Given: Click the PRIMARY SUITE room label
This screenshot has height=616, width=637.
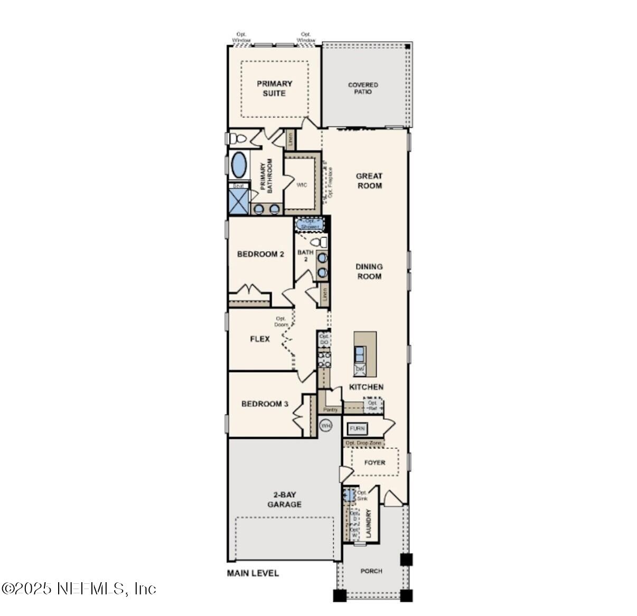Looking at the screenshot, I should (x=274, y=88).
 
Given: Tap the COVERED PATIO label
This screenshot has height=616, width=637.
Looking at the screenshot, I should (x=363, y=88).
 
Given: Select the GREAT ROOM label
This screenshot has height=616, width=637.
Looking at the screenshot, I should (x=369, y=181).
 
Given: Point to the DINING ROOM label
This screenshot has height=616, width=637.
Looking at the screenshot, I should (x=369, y=271).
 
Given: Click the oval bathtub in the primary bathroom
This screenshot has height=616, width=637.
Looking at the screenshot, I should (x=239, y=165).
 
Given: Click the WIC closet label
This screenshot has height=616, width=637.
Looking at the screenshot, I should (x=301, y=185).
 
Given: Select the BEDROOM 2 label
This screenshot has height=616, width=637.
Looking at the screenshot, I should (x=260, y=254).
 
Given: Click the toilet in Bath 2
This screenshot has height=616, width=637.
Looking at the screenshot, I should (x=318, y=242).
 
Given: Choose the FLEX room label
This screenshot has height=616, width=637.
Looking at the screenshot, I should (x=260, y=339).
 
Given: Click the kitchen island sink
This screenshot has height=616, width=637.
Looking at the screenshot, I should (x=360, y=353).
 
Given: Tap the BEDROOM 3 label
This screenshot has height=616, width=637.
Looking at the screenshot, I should (x=265, y=404).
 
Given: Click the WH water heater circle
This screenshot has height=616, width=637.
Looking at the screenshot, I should (x=326, y=425).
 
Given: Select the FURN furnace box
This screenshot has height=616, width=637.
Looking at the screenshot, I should (x=357, y=429).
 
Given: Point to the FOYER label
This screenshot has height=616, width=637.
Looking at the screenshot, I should (x=374, y=462).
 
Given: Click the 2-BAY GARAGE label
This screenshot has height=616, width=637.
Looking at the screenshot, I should (x=284, y=499).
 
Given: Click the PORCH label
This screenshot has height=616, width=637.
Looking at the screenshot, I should (x=371, y=571).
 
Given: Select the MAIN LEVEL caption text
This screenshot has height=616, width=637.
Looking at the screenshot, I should (x=252, y=573).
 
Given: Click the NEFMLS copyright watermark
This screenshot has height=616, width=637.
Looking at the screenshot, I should (x=79, y=589).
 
